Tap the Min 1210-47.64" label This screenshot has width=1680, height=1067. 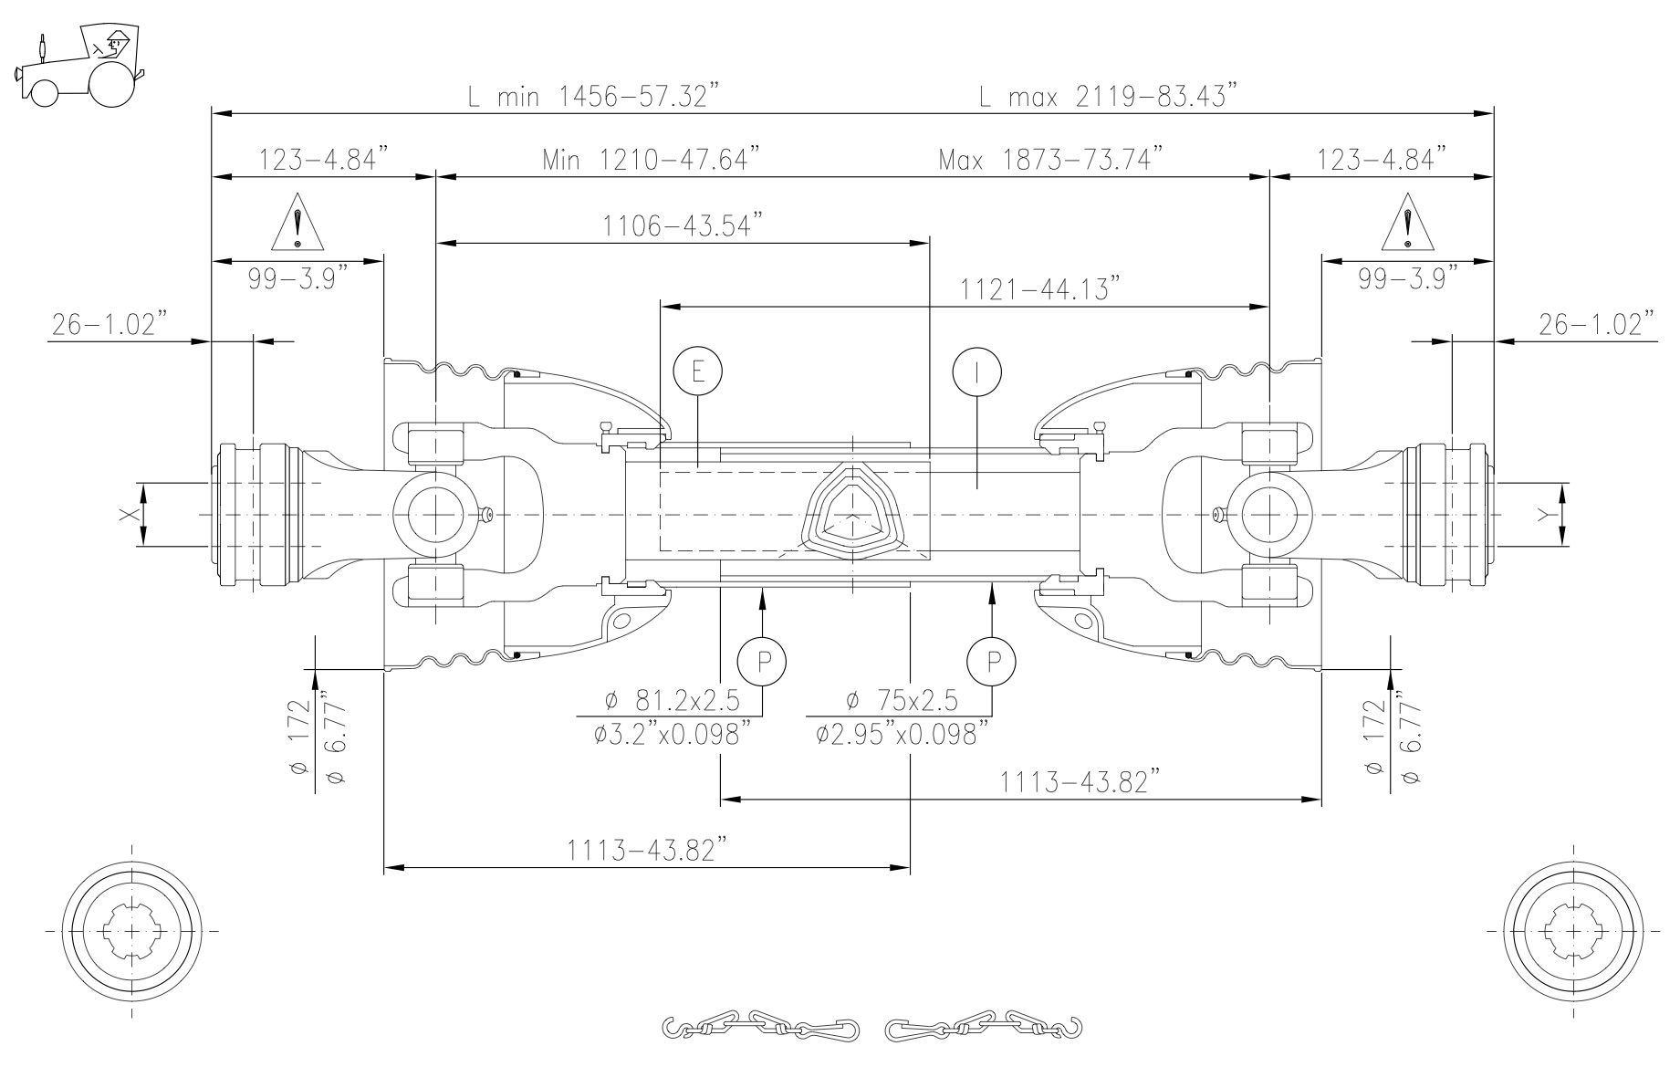point(652,160)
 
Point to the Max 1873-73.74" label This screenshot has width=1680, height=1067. point(1052,160)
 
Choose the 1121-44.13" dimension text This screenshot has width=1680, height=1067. point(1040,289)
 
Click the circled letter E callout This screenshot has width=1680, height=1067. point(697,371)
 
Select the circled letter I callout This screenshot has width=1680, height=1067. point(976,371)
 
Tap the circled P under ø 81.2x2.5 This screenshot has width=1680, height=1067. point(762,659)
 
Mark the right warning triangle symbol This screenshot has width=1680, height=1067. point(1408,224)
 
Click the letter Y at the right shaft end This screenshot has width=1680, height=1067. point(1543,515)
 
